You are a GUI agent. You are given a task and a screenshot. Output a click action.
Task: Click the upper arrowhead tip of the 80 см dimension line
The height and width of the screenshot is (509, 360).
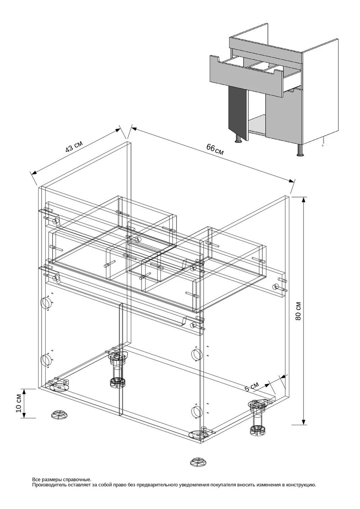point(304,197)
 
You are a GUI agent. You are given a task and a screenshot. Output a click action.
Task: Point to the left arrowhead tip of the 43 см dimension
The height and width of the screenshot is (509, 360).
point(32,174)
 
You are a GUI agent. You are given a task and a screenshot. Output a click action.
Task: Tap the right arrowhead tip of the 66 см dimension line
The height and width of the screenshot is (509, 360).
point(293,182)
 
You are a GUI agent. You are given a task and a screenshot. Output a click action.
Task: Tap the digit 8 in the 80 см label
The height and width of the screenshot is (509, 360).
point(298,317)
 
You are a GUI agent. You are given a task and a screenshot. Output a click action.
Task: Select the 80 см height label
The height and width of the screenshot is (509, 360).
point(298,311)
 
